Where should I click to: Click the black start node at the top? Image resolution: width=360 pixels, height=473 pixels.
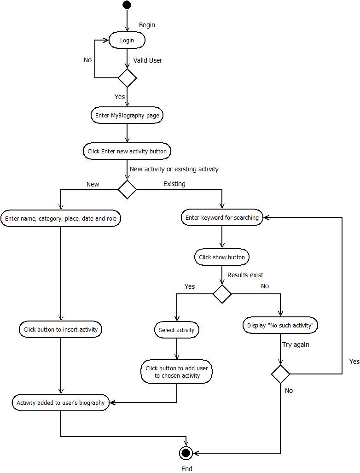(127, 5)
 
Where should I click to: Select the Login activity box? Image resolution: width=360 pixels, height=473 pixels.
(127, 41)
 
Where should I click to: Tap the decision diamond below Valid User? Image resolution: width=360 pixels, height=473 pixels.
(127, 78)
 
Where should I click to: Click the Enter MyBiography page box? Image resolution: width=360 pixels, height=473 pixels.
(127, 116)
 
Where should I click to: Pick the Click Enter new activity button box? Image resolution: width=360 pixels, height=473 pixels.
(127, 151)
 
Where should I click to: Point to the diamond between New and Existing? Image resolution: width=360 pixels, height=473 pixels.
(127, 189)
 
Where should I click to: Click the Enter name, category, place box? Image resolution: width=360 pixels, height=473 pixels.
(61, 218)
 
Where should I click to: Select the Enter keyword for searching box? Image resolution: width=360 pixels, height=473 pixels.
(222, 217)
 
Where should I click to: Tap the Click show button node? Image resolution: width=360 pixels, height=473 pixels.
(222, 257)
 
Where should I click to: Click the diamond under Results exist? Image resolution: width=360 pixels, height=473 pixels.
(222, 294)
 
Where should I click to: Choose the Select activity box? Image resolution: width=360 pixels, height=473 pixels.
(177, 330)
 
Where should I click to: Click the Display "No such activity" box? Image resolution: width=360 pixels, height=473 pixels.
(280, 325)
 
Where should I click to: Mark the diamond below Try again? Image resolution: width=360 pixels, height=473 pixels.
(280, 374)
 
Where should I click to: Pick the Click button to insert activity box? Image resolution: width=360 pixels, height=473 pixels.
(61, 329)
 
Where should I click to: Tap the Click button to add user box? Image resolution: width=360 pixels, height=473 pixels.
(177, 372)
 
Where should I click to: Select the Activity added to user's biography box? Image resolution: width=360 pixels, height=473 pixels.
(61, 403)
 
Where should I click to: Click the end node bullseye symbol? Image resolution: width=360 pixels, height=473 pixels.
(186, 453)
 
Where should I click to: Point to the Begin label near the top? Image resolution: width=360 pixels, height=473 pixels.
(147, 25)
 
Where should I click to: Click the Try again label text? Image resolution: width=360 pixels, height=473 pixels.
(296, 345)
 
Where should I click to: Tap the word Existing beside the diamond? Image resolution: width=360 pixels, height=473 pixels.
(174, 184)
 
